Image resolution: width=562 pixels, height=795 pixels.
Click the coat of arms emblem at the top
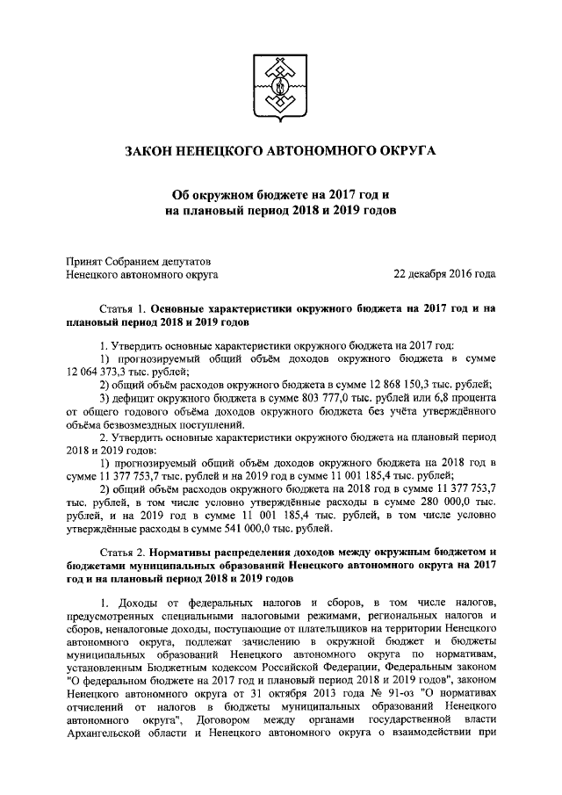point(281,86)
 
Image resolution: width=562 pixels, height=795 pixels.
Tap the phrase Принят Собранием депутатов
point(139,259)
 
